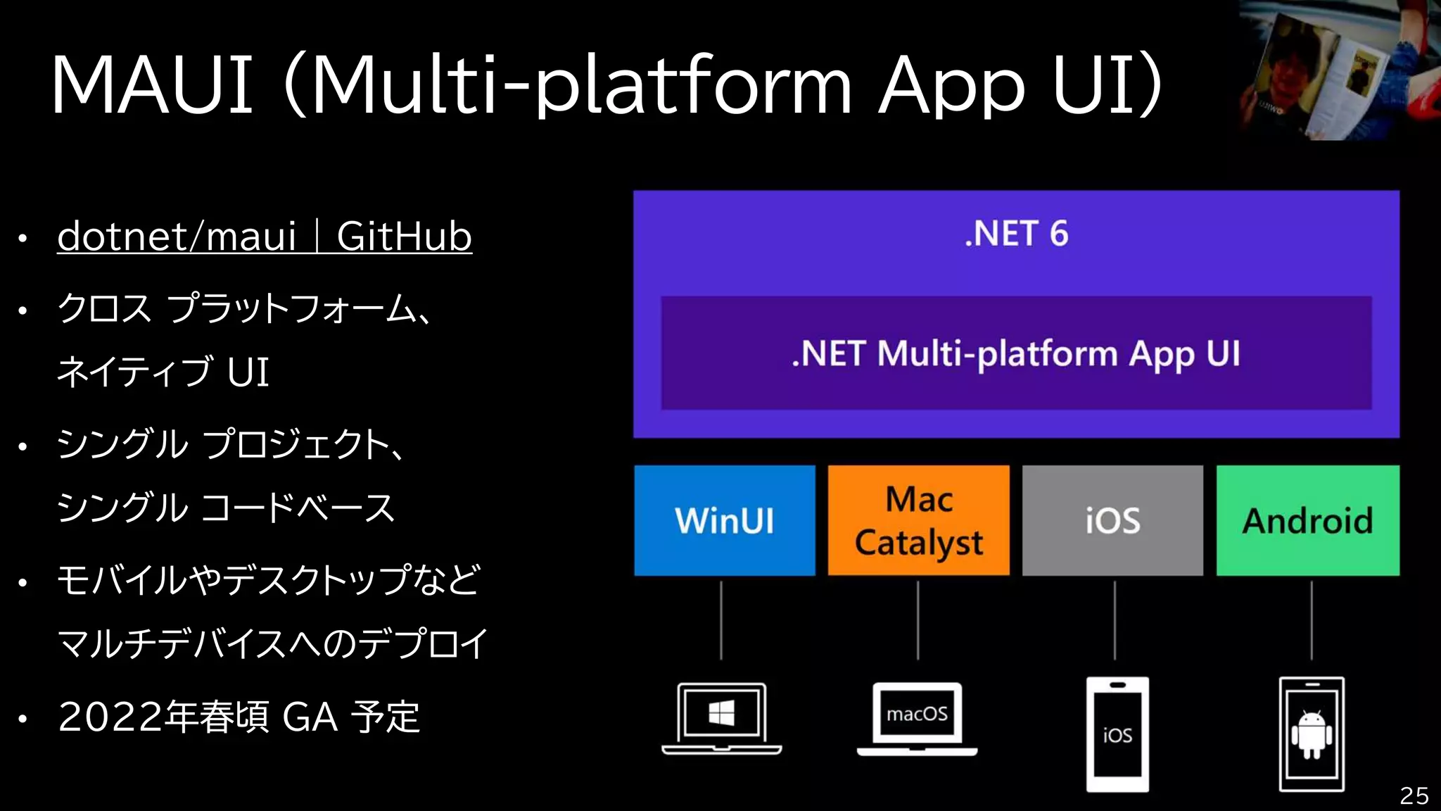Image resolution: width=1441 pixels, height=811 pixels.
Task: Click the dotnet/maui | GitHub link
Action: (264, 237)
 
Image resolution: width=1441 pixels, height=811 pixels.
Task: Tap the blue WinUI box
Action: (724, 520)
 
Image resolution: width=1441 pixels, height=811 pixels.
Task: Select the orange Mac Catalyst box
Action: (918, 520)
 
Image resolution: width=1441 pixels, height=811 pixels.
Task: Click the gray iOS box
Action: (1112, 520)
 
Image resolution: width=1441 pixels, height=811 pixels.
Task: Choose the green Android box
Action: (1307, 520)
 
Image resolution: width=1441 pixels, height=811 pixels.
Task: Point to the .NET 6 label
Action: (1016, 234)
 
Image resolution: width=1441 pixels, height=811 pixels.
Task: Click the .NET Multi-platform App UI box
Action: (1016, 353)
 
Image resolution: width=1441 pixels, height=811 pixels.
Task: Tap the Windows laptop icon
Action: (721, 718)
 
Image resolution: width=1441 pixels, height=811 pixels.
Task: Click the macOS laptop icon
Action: (917, 718)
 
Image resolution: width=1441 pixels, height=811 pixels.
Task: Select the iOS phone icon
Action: (1117, 734)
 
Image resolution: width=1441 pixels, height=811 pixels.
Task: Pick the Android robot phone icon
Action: (1311, 734)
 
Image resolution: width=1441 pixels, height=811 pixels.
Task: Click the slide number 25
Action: (1414, 796)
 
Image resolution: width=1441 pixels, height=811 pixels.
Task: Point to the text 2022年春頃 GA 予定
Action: (239, 717)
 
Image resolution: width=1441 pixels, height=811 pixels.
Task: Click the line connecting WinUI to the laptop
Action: (721, 620)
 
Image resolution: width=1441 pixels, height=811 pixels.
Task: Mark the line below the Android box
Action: (1312, 620)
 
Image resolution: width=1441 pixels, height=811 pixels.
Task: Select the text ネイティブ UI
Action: (163, 372)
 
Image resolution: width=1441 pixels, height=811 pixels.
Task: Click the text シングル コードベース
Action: (225, 508)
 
